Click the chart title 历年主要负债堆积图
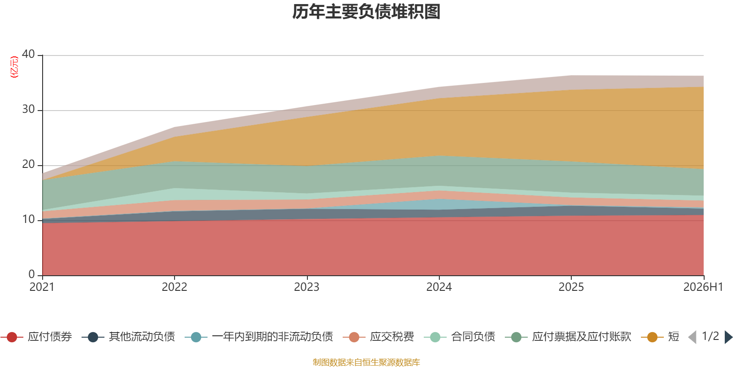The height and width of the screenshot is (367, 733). [x=366, y=12]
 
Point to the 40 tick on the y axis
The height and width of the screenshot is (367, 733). [x=28, y=54]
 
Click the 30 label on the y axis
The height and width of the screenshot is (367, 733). [x=28, y=109]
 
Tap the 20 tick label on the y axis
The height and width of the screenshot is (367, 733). [x=28, y=164]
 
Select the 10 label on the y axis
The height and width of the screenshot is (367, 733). [x=28, y=219]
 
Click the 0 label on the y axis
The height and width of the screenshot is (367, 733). [x=32, y=274]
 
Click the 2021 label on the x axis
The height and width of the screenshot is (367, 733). [x=42, y=287]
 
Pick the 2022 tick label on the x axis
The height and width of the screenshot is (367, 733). [x=175, y=287]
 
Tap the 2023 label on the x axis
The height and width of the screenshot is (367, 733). [x=306, y=287]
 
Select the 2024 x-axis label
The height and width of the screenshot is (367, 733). [x=439, y=287]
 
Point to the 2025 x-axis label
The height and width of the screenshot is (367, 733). [x=571, y=287]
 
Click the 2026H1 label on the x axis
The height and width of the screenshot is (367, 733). [x=703, y=287]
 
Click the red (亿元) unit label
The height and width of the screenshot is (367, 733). [x=14, y=67]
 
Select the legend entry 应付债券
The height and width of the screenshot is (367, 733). [x=36, y=337]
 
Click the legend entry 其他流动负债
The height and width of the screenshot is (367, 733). [x=128, y=337]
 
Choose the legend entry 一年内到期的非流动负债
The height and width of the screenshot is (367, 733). [x=259, y=337]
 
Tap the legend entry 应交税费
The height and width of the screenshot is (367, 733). [x=378, y=337]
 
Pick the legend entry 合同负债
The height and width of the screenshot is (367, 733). [x=459, y=337]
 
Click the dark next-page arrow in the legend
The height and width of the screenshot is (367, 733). [x=728, y=337]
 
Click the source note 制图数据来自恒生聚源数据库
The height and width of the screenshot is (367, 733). [x=366, y=362]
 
